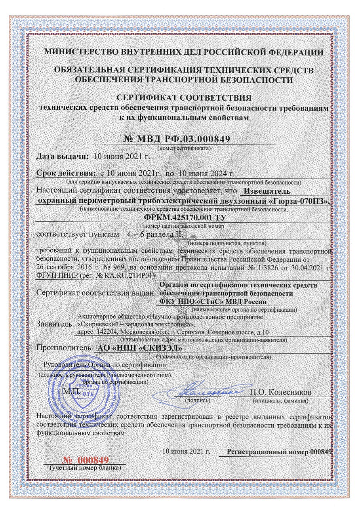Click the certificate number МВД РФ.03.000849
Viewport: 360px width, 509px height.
point(177,140)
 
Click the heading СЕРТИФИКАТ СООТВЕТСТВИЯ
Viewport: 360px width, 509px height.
point(182,98)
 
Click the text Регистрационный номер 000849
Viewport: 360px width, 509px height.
point(280,452)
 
